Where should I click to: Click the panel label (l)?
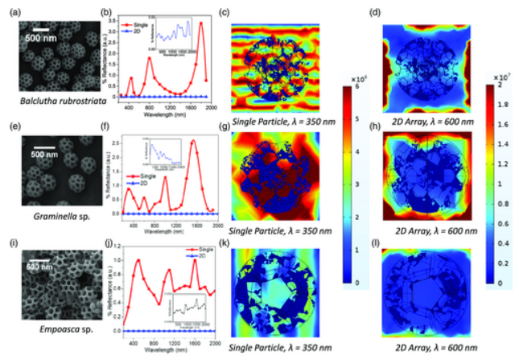tap(375, 241)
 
